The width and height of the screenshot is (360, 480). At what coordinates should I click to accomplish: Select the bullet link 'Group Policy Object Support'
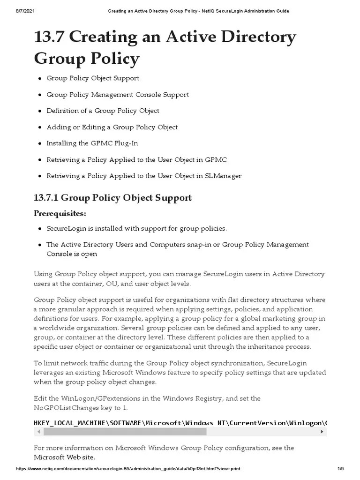click(x=92, y=78)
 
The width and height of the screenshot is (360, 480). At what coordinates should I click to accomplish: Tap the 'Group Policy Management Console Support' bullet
click(x=117, y=95)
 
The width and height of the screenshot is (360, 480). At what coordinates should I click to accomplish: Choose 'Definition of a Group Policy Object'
click(x=103, y=111)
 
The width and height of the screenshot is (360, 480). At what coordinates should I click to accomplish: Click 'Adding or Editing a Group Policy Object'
click(x=112, y=127)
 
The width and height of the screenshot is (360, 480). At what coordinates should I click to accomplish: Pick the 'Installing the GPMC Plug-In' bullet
click(x=92, y=143)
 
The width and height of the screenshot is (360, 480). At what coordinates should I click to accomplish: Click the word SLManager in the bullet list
click(x=223, y=176)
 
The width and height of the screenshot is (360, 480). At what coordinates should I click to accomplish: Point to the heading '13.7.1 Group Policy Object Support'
click(x=112, y=198)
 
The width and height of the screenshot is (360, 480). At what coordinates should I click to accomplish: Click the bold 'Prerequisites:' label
click(x=60, y=214)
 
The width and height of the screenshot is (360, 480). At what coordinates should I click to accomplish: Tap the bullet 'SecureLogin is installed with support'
click(x=136, y=229)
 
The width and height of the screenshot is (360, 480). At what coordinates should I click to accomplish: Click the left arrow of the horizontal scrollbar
click(x=37, y=432)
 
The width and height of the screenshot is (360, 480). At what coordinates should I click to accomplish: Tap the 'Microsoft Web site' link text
click(x=64, y=457)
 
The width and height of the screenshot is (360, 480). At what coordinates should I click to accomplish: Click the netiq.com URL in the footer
click(x=128, y=469)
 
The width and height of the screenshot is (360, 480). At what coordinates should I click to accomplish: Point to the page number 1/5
click(x=340, y=469)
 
